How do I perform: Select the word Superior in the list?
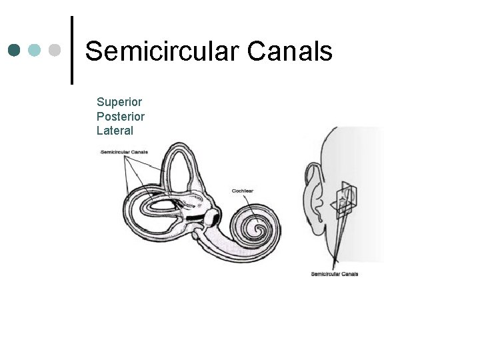click(119, 102)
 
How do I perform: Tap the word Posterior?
click(121, 117)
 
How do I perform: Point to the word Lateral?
click(115, 131)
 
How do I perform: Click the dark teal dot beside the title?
click(15, 50)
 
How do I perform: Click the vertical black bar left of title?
click(72, 50)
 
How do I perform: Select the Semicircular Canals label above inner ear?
click(124, 152)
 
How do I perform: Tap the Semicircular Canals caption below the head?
click(335, 274)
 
